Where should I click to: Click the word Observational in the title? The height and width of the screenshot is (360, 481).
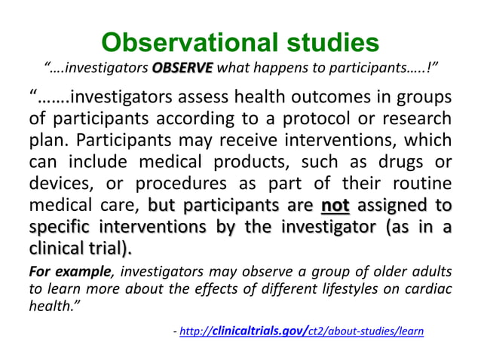pos(182,42)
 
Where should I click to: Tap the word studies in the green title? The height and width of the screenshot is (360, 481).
pos(326,42)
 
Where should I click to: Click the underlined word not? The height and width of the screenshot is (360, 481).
pos(335,205)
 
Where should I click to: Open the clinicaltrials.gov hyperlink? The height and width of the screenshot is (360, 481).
pos(302,330)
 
